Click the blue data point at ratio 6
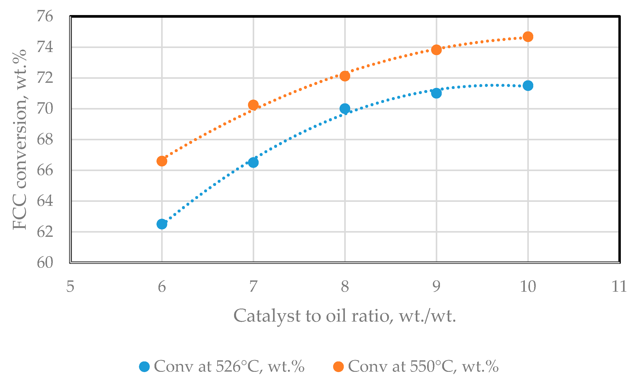pyautogui.click(x=162, y=224)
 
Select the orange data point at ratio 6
pyautogui.click(x=162, y=161)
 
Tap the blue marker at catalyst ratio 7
pyautogui.click(x=253, y=163)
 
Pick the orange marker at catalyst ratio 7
pyautogui.click(x=253, y=105)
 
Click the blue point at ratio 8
pyautogui.click(x=345, y=109)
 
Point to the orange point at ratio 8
pyautogui.click(x=345, y=76)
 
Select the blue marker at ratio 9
pyautogui.click(x=436, y=93)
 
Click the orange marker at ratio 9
pyautogui.click(x=436, y=50)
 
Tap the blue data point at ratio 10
pyautogui.click(x=528, y=85)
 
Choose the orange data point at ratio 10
pyautogui.click(x=528, y=37)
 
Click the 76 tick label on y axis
pyautogui.click(x=45, y=16)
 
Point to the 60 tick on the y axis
pyautogui.click(x=45, y=262)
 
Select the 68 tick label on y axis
pyautogui.click(x=45, y=139)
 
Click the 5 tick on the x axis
pyautogui.click(x=70, y=286)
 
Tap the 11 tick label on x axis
pyautogui.click(x=619, y=286)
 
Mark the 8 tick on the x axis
pyautogui.click(x=345, y=286)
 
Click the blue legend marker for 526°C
pyautogui.click(x=144, y=367)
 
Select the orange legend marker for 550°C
pyautogui.click(x=338, y=367)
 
